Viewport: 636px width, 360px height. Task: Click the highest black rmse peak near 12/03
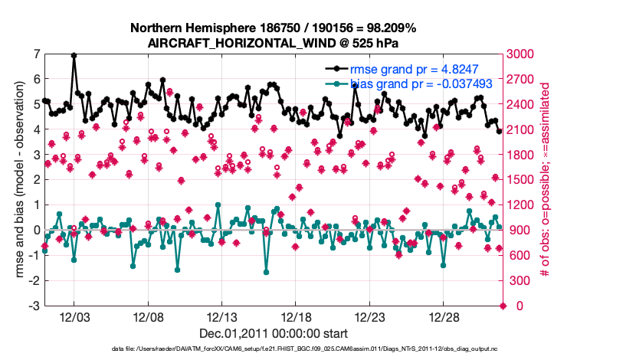point(74,55)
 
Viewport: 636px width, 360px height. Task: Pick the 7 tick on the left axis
point(37,54)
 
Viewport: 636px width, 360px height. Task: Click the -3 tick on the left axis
point(34,306)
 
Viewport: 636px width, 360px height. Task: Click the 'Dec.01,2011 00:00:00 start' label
point(274,333)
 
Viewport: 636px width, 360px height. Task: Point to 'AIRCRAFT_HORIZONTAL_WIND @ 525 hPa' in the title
point(274,43)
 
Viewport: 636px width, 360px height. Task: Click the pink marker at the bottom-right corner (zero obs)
point(503,306)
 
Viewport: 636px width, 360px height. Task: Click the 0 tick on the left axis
point(37,230)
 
